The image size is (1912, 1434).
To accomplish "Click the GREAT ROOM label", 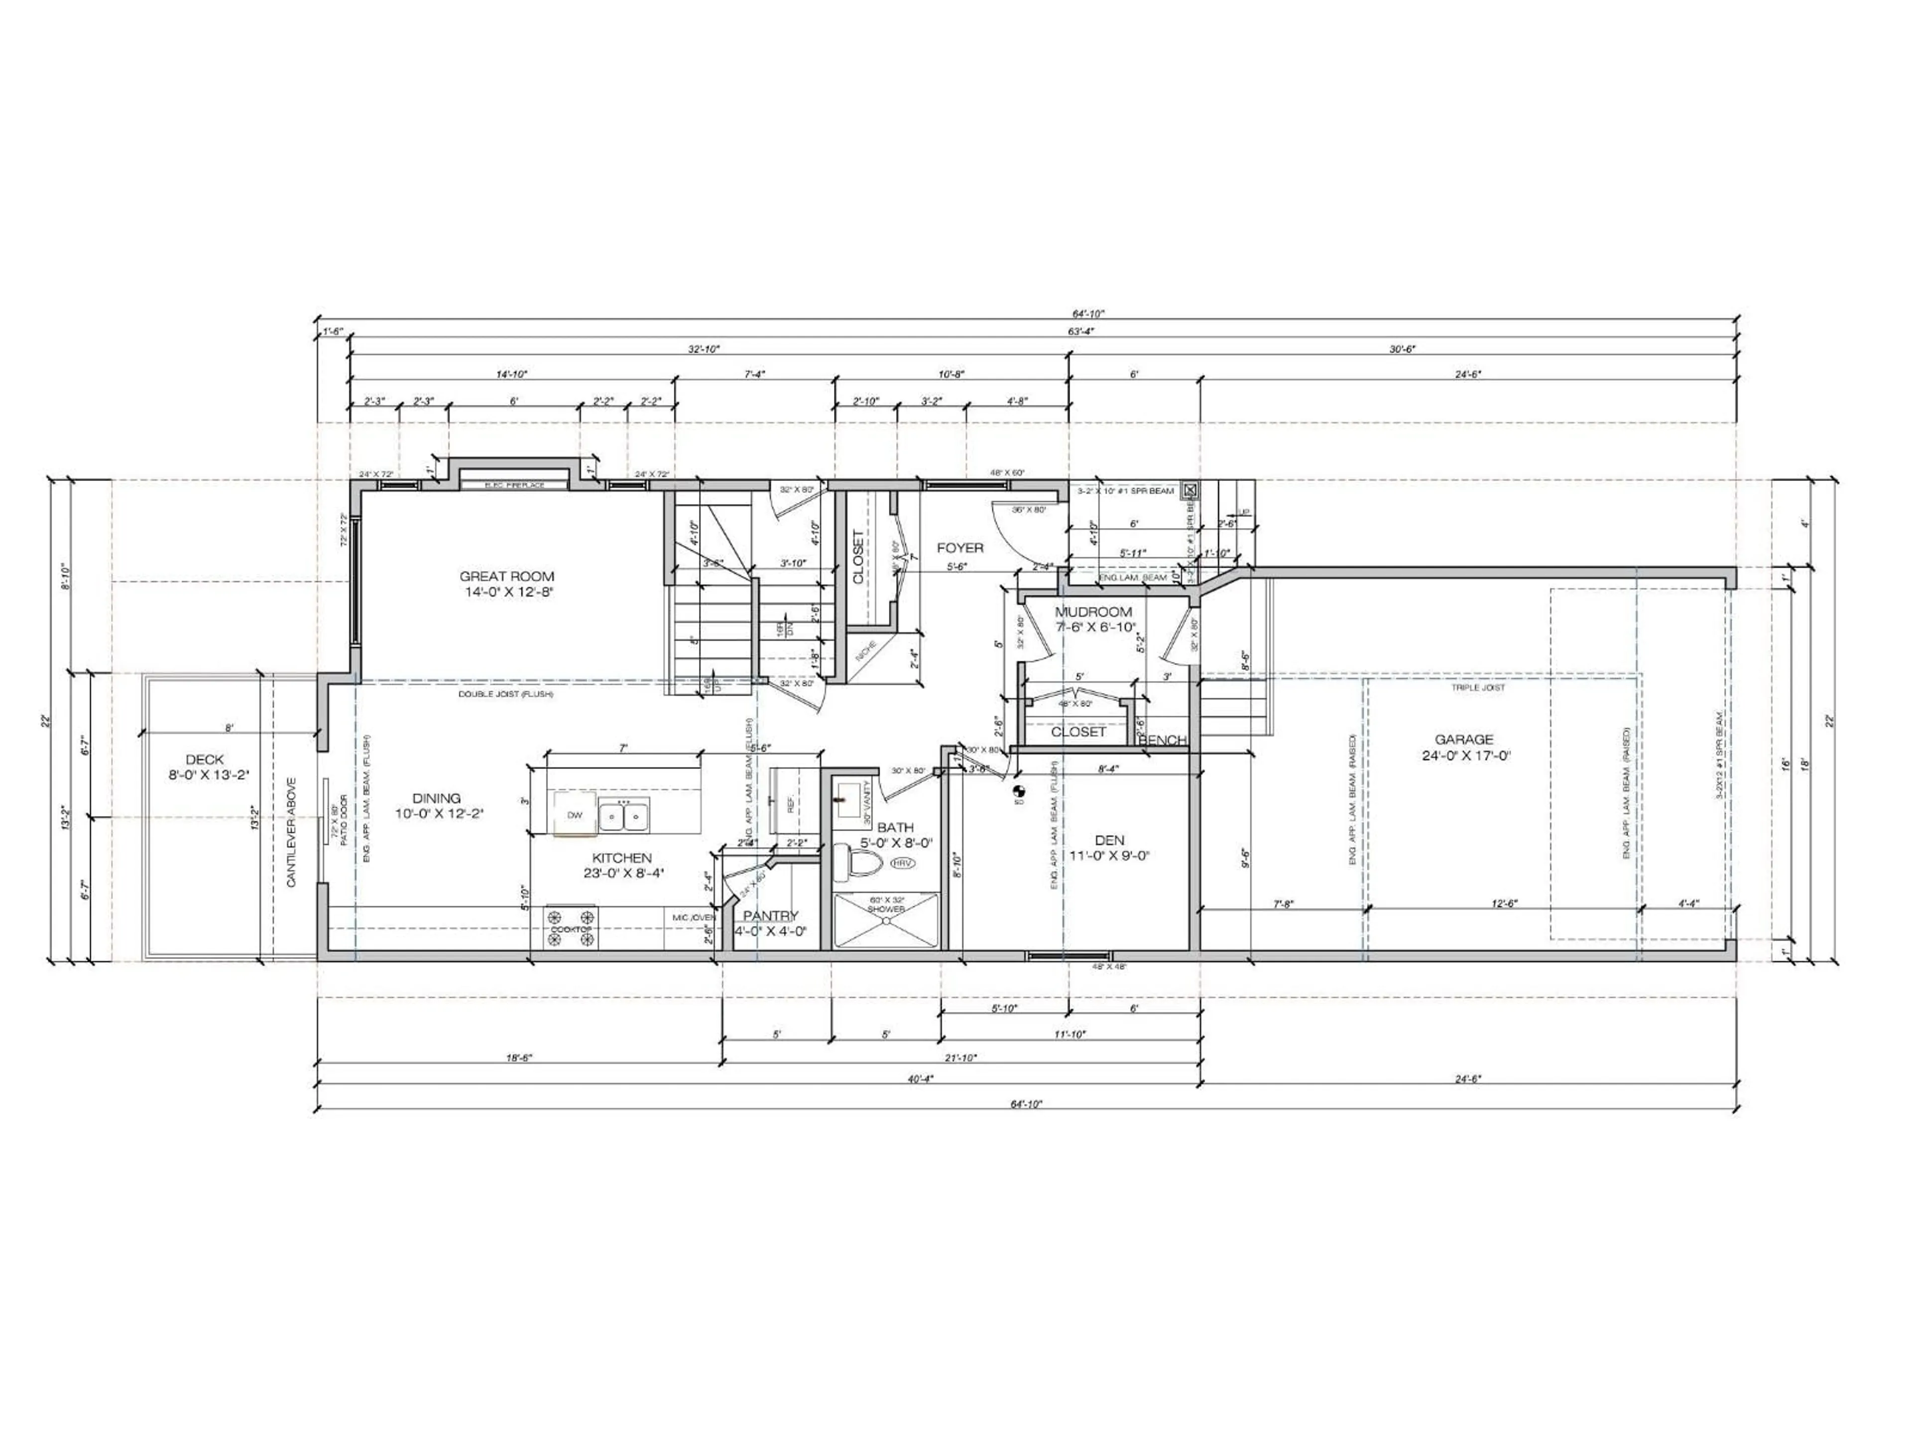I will [506, 577].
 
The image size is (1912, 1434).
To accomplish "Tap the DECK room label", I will [204, 760].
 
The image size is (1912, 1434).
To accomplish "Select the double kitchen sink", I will [624, 815].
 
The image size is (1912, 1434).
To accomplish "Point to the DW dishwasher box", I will [575, 815].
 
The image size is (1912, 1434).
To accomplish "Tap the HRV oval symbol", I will [902, 863].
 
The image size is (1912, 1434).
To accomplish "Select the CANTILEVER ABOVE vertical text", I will [291, 832].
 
